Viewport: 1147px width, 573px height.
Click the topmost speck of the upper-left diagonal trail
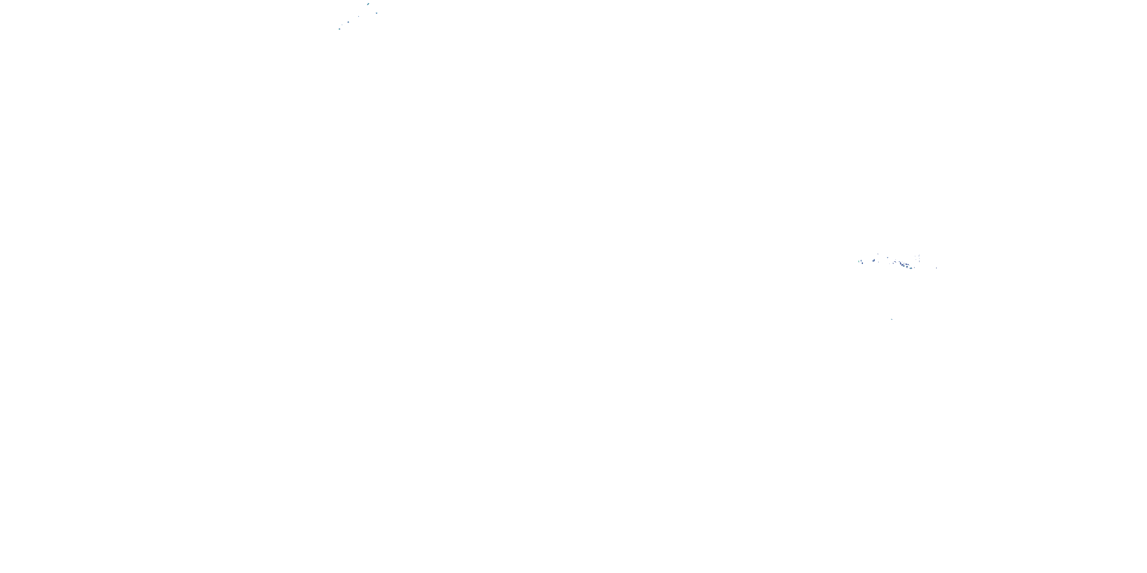[368, 4]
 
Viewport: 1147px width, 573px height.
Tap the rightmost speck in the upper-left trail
[377, 13]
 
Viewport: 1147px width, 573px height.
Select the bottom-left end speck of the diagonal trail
[340, 29]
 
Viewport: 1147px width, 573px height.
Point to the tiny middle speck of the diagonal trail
[359, 16]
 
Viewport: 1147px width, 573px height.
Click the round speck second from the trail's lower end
[349, 22]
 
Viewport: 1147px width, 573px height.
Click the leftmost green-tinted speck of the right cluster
[859, 262]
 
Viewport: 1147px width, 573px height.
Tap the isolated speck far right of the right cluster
[937, 268]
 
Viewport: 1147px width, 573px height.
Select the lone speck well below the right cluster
[892, 319]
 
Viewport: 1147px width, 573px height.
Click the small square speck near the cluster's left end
[863, 263]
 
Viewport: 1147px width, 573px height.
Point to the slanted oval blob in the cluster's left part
[874, 261]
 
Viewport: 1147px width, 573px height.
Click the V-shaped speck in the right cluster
[888, 257]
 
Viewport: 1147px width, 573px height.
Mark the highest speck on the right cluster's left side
[878, 254]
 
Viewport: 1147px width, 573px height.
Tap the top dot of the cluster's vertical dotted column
[920, 255]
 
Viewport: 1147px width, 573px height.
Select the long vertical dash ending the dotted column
[920, 262]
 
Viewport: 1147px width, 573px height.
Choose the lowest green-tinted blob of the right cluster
[911, 268]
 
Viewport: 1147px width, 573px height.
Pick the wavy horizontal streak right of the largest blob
[907, 265]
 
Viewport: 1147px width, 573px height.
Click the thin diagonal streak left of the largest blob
[895, 262]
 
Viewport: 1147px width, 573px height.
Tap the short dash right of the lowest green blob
[915, 268]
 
